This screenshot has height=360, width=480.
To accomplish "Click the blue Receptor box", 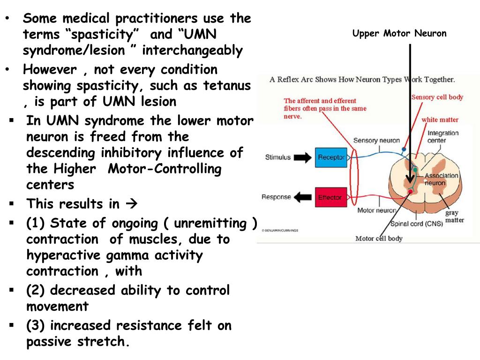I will coord(331,157).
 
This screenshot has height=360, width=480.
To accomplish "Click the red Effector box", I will coord(330,197).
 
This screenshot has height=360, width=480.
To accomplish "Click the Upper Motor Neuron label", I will coord(399,34).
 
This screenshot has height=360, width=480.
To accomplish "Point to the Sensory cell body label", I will coord(437,97).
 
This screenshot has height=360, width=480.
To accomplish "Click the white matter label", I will coord(439,120).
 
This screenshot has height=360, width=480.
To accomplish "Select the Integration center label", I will coord(443,136).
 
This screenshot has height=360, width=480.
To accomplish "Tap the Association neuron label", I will coord(442,180).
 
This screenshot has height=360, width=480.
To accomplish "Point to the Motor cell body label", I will coord(379,238).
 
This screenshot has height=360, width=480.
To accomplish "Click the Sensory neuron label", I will coord(376,140).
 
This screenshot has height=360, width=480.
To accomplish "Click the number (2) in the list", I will coord(36,291).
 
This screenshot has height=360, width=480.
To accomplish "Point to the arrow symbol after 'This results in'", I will coord(130,204).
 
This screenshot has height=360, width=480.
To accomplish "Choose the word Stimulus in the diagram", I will coord(278,157).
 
